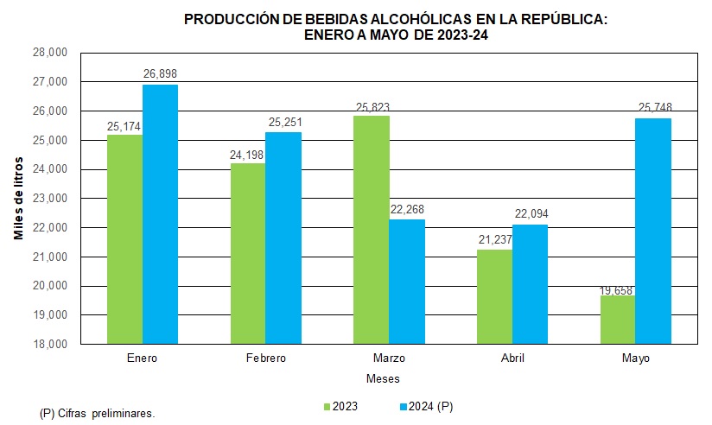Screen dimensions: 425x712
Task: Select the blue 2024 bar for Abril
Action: (x=530, y=284)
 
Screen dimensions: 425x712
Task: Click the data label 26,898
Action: (x=160, y=73)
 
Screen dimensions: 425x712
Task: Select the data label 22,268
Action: (x=407, y=209)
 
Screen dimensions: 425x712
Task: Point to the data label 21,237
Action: (x=494, y=239)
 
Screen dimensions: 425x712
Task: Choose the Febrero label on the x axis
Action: (x=265, y=358)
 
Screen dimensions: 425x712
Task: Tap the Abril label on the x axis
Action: (x=512, y=358)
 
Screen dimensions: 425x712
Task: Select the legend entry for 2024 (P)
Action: (x=427, y=405)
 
